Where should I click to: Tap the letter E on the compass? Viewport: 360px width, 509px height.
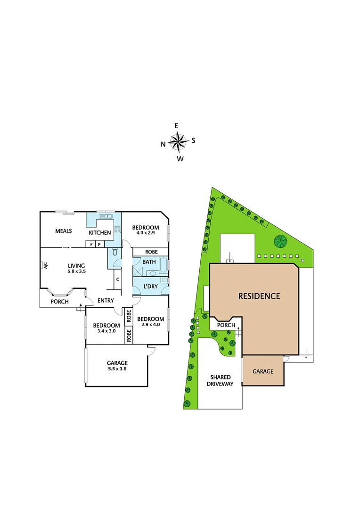[177, 126]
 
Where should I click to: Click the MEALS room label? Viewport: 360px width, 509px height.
[63, 231]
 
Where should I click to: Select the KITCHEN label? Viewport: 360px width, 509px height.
[100, 232]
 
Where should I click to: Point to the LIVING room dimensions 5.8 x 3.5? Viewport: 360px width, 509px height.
[76, 271]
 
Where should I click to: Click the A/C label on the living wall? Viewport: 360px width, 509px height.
[46, 266]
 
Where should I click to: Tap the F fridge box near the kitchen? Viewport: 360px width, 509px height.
[90, 244]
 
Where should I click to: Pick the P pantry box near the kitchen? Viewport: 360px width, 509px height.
[99, 244]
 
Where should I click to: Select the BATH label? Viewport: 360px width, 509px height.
[149, 262]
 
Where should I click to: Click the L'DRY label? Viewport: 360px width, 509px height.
[150, 287]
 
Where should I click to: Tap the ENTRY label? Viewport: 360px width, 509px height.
[106, 301]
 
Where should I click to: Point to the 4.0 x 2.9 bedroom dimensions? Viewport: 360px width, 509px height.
[146, 233]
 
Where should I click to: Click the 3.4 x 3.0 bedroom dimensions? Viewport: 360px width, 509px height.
[106, 331]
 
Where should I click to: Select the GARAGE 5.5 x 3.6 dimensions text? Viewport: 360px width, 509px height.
[117, 369]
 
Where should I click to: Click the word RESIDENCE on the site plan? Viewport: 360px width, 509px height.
[259, 296]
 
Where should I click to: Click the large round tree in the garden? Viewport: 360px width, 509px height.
[281, 242]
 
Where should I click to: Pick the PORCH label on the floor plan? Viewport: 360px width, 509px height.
[60, 302]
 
